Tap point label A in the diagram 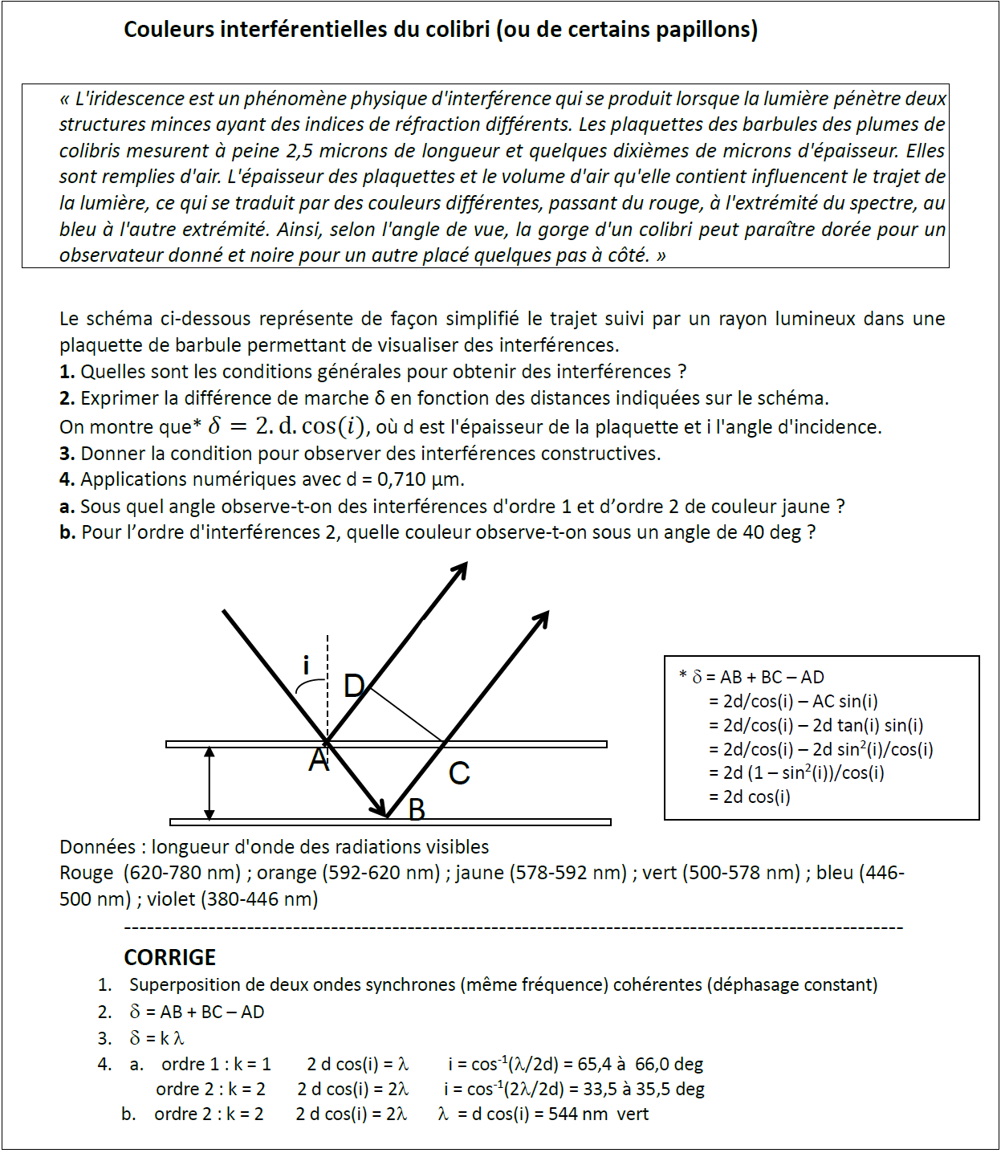tap(319, 760)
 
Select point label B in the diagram tap(417, 809)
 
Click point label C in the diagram tap(459, 773)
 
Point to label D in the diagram tap(354, 687)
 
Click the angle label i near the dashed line tap(306, 666)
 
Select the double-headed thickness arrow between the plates tap(210, 783)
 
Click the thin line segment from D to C tap(406, 715)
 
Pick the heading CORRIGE tap(170, 957)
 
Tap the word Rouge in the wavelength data tap(87, 873)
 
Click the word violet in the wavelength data tap(171, 899)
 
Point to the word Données tap(98, 847)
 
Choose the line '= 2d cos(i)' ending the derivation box tap(750, 797)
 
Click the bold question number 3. tap(67, 453)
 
